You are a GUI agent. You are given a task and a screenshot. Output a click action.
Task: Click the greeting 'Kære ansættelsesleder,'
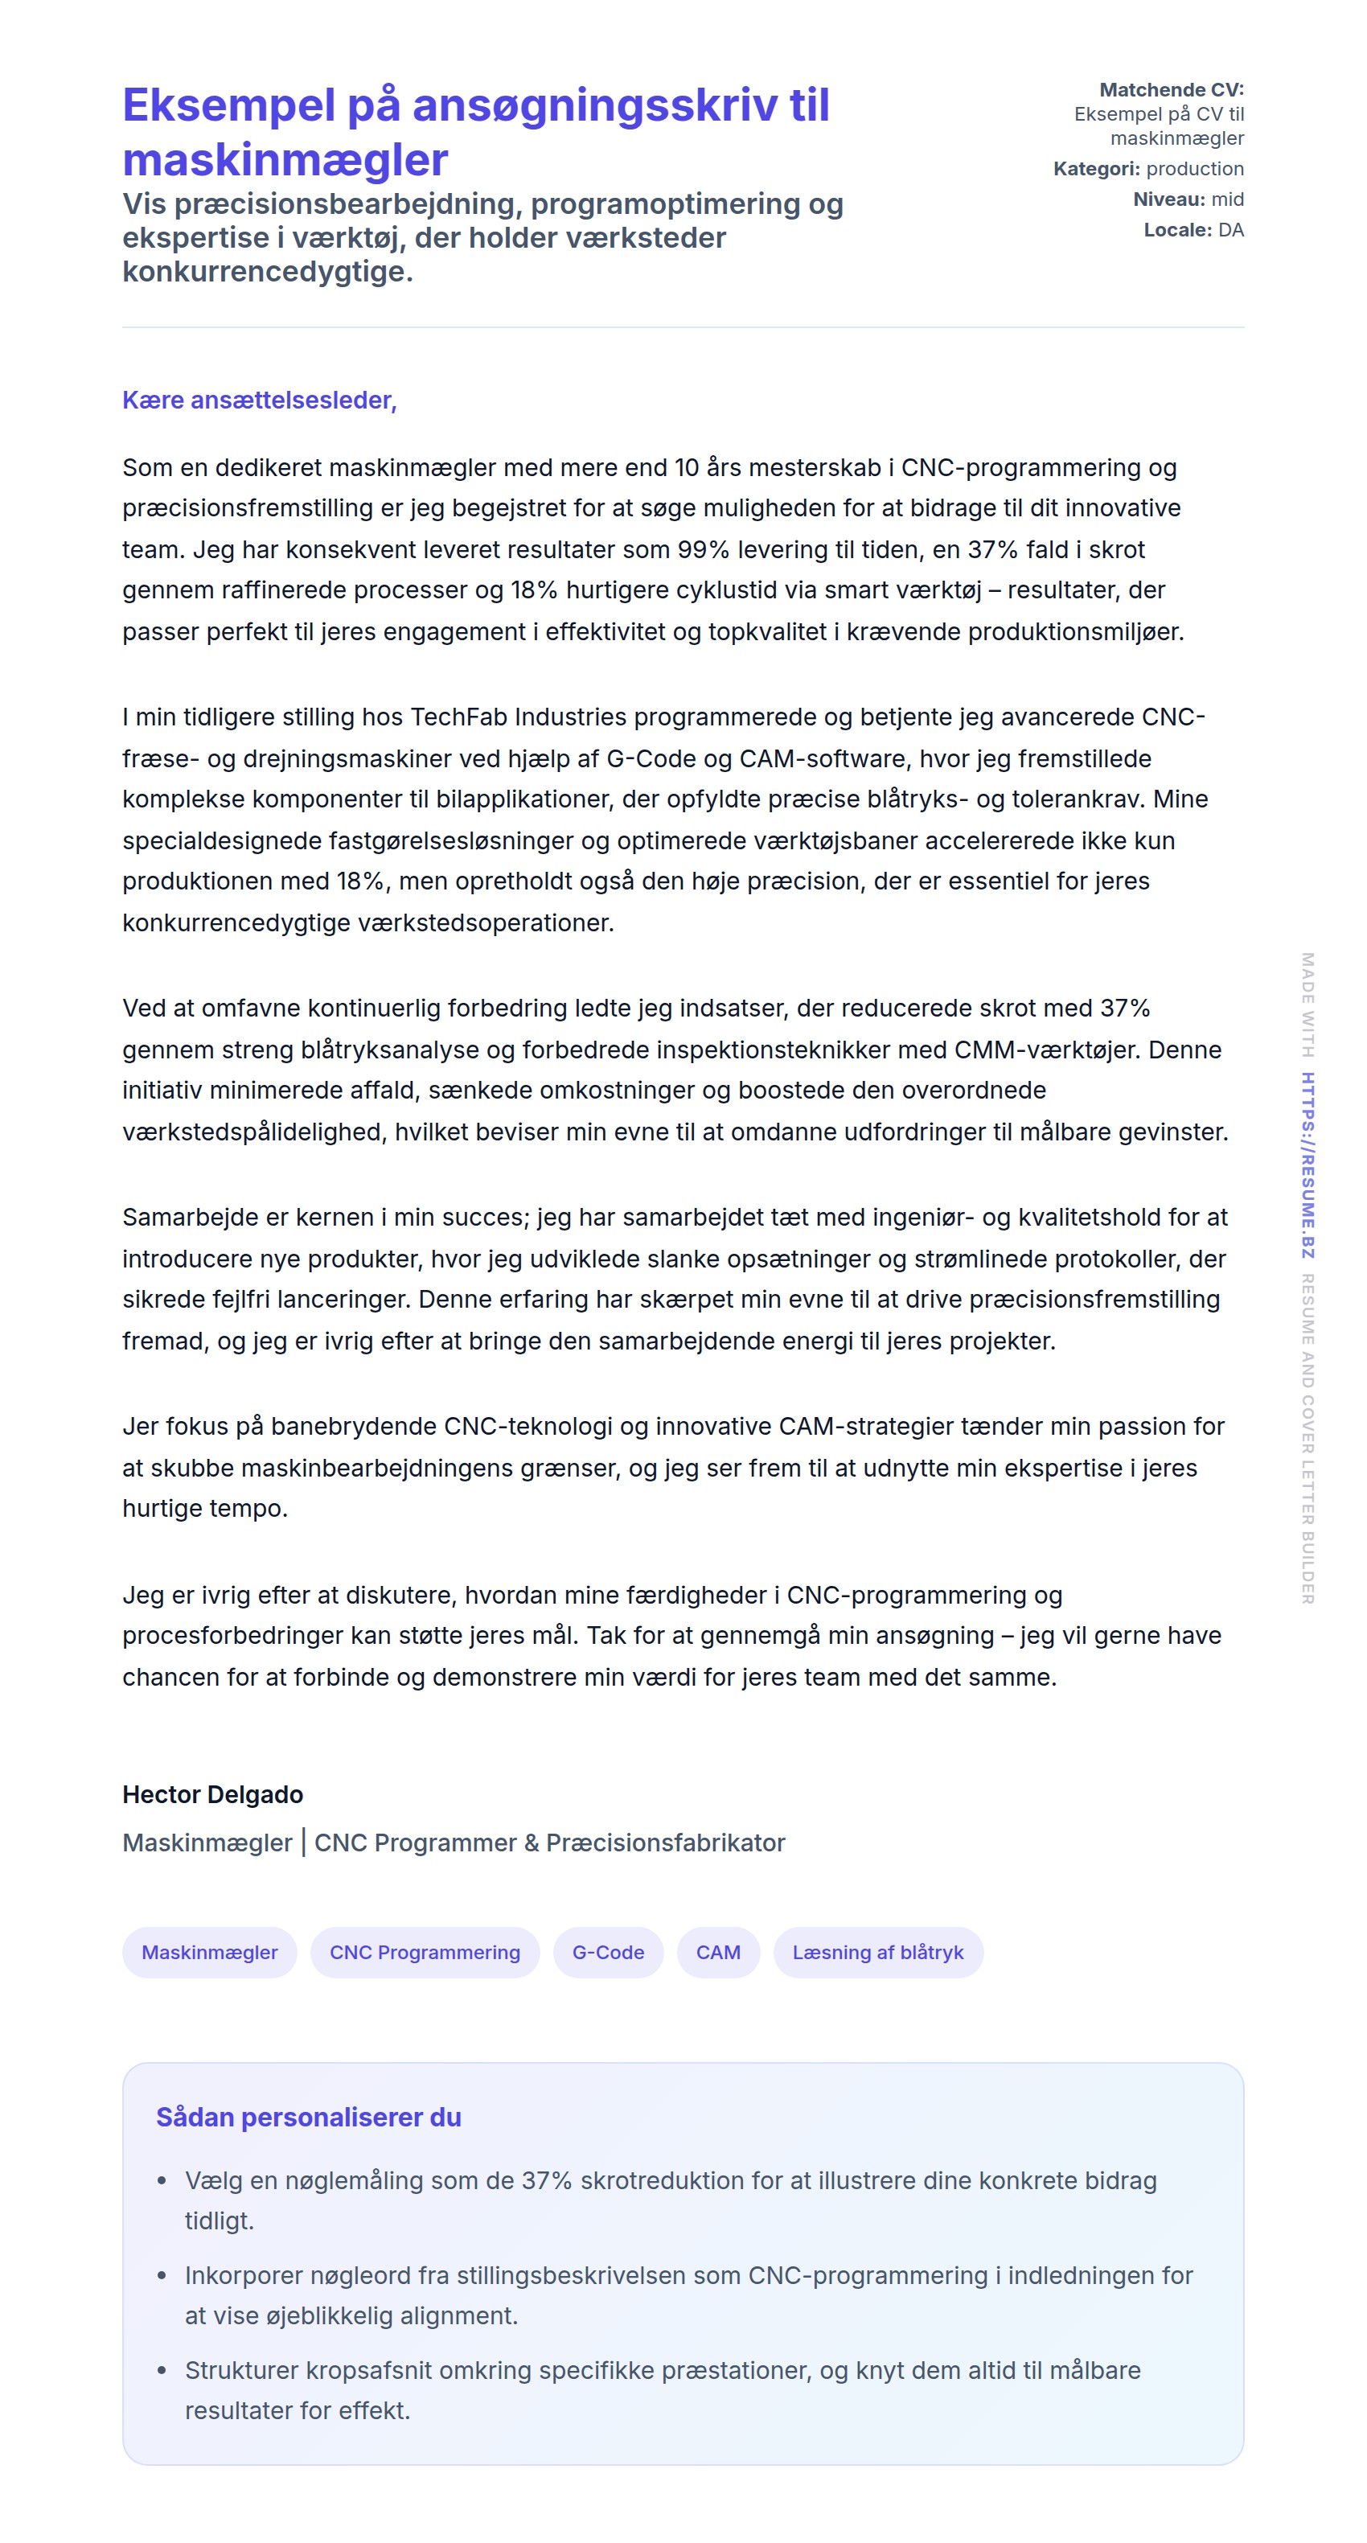(x=259, y=400)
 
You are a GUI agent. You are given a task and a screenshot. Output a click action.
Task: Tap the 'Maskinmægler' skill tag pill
(x=209, y=1952)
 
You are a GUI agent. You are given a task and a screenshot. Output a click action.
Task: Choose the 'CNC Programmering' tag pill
(x=425, y=1952)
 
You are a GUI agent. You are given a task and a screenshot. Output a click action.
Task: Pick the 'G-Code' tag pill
(x=608, y=1952)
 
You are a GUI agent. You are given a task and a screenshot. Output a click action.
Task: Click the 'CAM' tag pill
(x=717, y=1952)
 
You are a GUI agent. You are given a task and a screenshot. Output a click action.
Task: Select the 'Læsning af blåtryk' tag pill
(x=877, y=1952)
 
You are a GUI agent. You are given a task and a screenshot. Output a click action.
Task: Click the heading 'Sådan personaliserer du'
(x=308, y=2117)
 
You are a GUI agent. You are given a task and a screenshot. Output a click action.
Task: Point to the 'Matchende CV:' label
(x=1171, y=90)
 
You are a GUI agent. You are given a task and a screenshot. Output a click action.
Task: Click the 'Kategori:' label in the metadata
(x=1095, y=169)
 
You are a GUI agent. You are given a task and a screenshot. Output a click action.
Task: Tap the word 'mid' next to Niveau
(x=1227, y=199)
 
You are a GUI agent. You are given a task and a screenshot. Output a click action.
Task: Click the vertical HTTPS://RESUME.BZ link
(x=1307, y=1165)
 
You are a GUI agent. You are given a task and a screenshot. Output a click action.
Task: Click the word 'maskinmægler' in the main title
(x=285, y=159)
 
